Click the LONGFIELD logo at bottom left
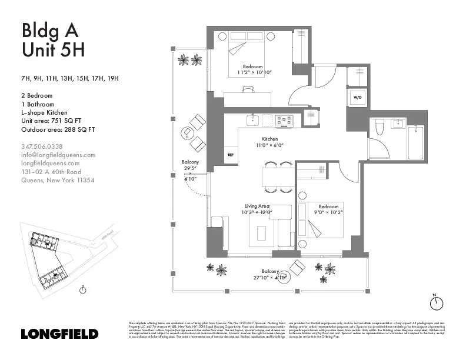pyautogui.click(x=59, y=334)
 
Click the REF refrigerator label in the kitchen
pyautogui.click(x=231, y=155)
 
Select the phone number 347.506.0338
pyautogui.click(x=42, y=146)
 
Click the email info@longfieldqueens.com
pyautogui.click(x=58, y=155)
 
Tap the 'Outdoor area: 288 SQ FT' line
pyautogui.click(x=58, y=129)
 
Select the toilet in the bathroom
pyautogui.click(x=380, y=126)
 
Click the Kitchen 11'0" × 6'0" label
pyautogui.click(x=269, y=142)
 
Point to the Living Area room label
pyautogui.click(x=257, y=209)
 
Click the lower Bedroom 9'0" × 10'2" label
pyautogui.click(x=328, y=210)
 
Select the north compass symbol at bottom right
pyautogui.click(x=436, y=303)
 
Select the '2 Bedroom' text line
pyautogui.click(x=36, y=95)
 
